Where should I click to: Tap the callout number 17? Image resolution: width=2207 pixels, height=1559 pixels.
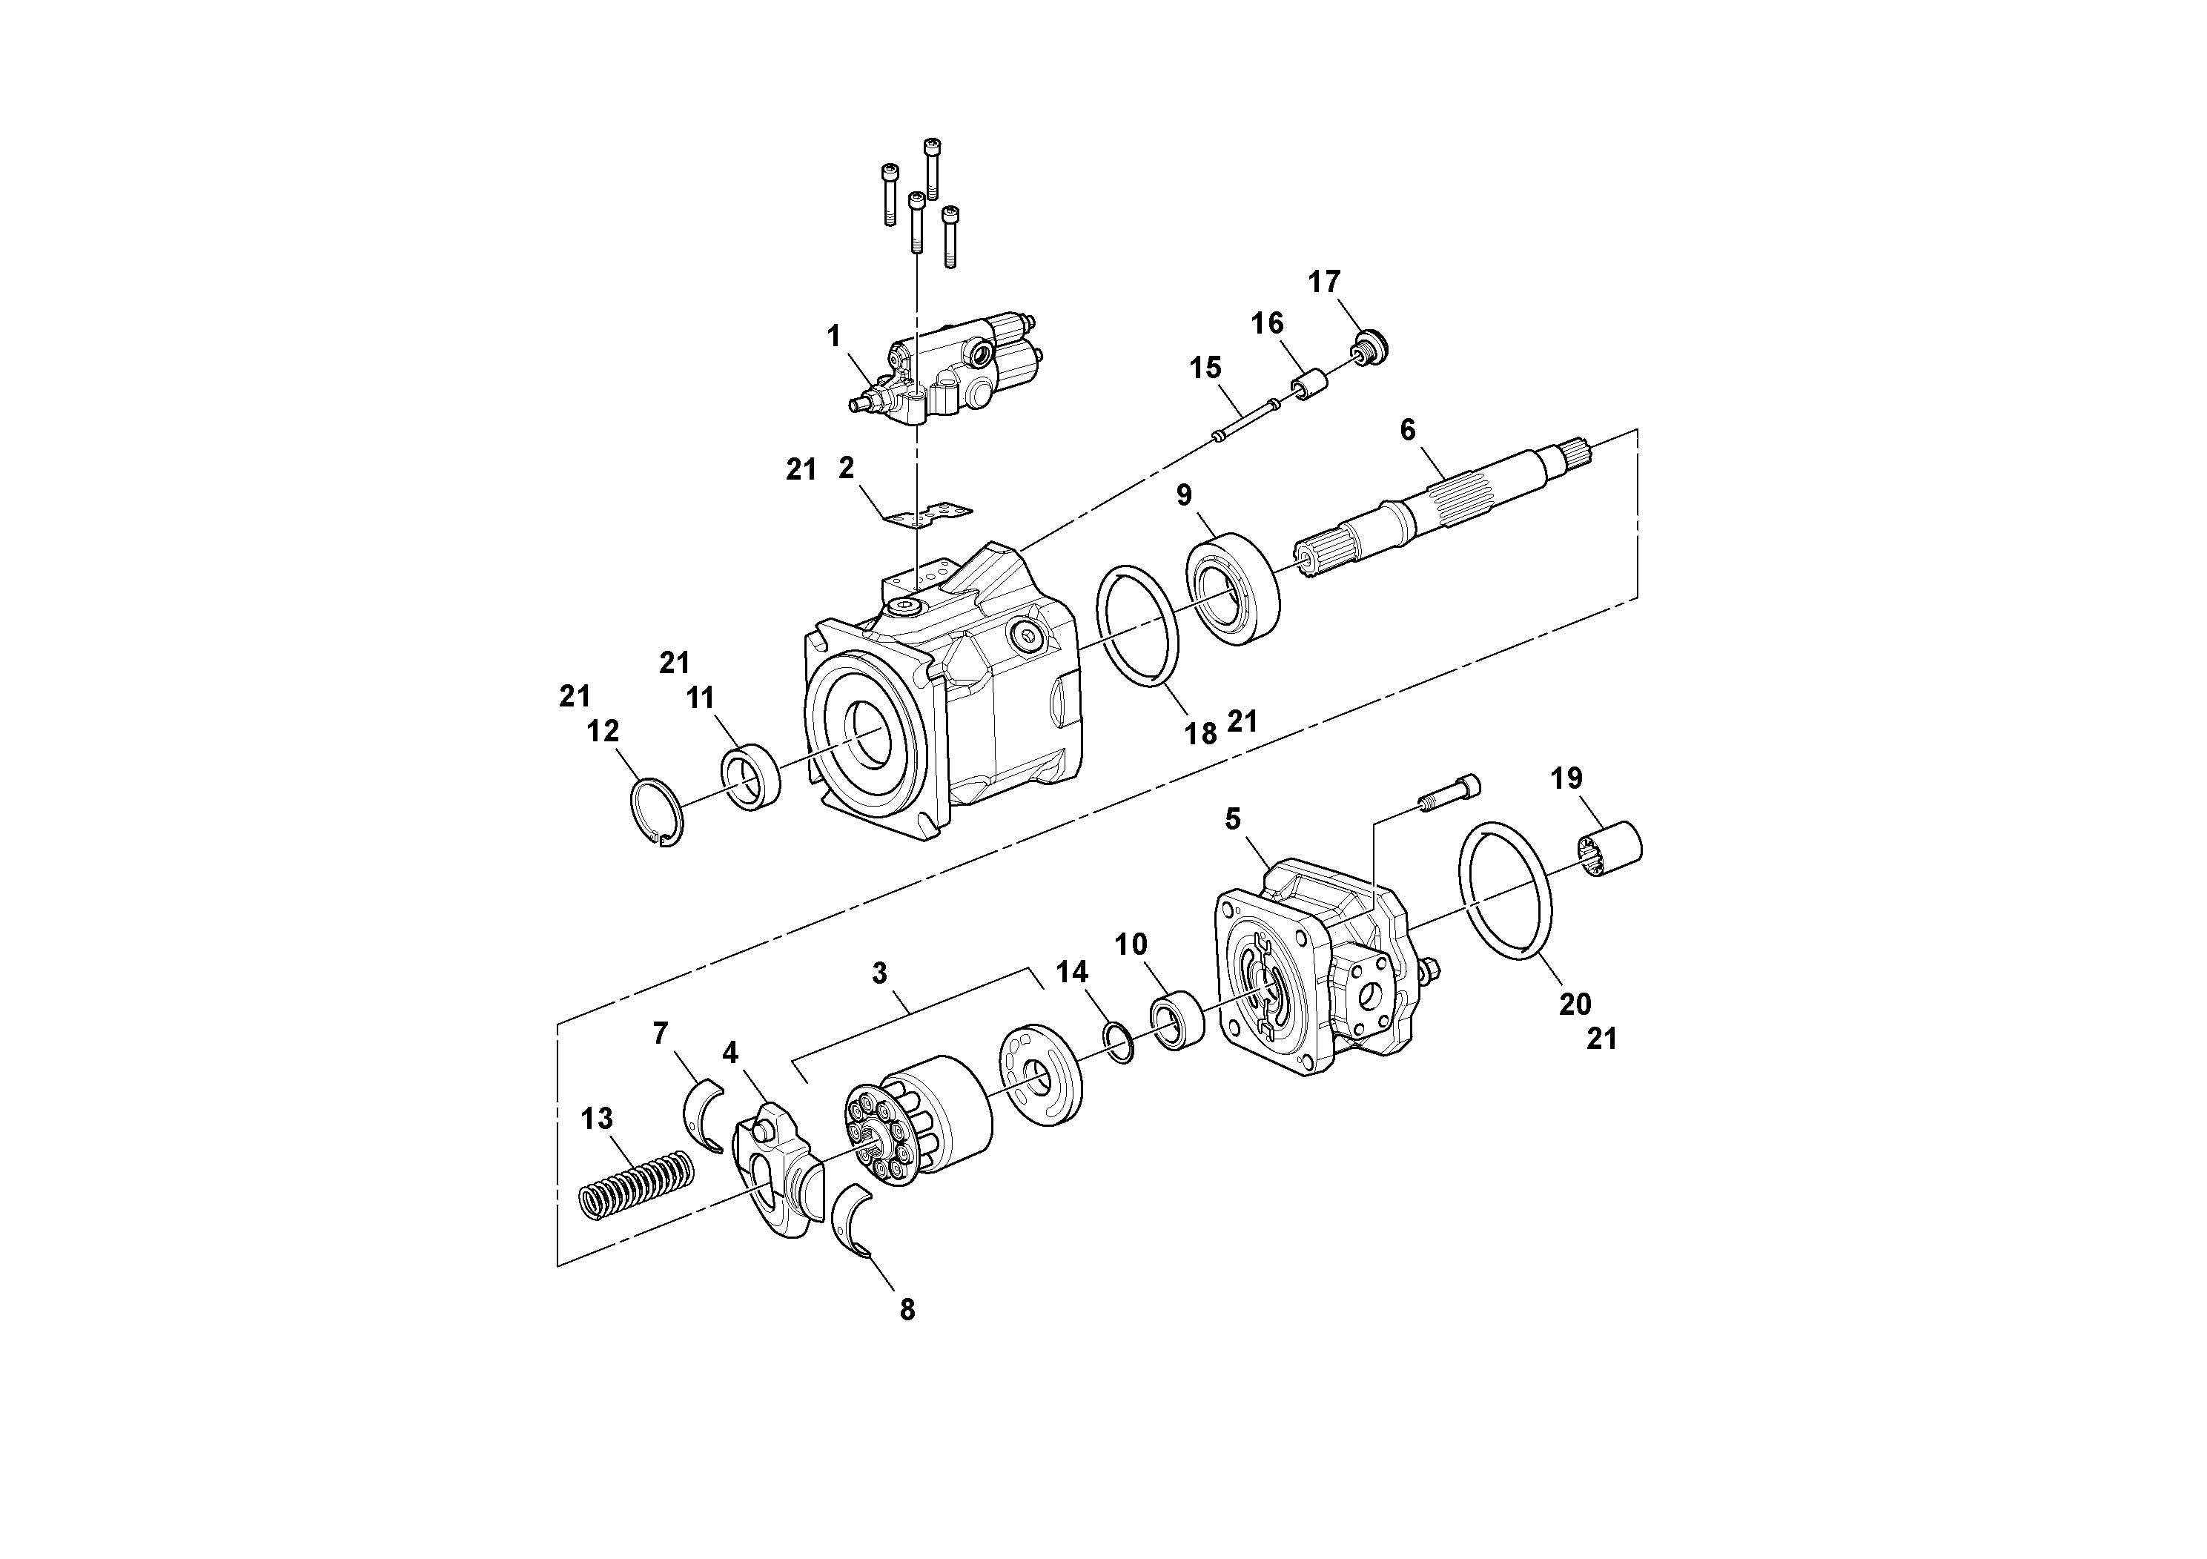click(x=1323, y=282)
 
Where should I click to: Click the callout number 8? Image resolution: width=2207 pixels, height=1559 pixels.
click(x=907, y=1309)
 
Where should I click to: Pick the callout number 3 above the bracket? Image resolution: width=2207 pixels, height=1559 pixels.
click(x=879, y=973)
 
